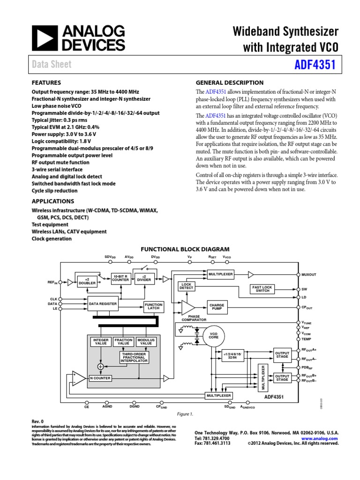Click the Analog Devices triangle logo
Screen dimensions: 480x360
coord(42,38)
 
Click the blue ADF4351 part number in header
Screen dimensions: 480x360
coord(315,64)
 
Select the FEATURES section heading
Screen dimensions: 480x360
coord(46,82)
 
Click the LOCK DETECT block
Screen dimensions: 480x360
coord(186,286)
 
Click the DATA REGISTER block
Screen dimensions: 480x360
coord(103,304)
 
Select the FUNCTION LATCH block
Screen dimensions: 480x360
coord(153,307)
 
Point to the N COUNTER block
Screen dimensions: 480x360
coord(100,378)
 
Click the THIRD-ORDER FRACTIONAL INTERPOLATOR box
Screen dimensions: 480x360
coord(135,358)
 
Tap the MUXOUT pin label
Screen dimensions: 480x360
coord(310,274)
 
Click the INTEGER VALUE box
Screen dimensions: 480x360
coord(101,341)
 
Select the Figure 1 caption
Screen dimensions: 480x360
coord(184,414)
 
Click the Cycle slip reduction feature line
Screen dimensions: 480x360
coord(54,191)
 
